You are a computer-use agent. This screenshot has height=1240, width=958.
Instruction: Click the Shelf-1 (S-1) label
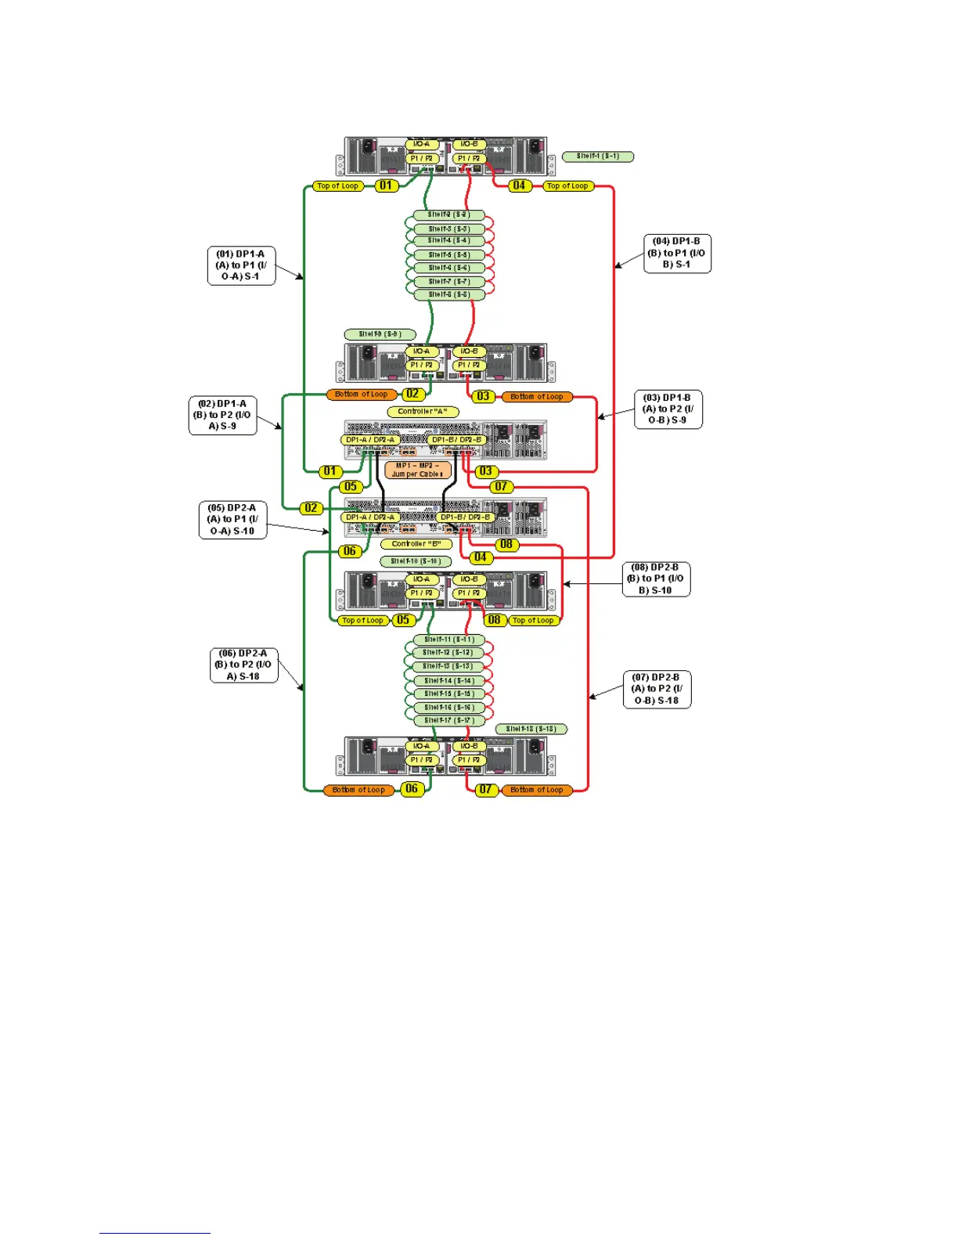[x=598, y=157]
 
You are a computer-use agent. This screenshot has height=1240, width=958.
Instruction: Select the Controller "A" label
[x=423, y=412]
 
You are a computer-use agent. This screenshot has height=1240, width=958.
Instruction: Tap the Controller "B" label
[x=416, y=544]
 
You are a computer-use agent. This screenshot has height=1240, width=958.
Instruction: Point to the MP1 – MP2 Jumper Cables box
[x=418, y=470]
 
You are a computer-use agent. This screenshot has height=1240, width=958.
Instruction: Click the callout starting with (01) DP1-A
[x=241, y=265]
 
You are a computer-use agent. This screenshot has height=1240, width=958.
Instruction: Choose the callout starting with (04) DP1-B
[x=677, y=253]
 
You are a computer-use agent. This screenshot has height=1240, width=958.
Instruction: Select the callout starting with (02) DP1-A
[x=222, y=415]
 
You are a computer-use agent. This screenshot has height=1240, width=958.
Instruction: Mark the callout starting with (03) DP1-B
[x=668, y=409]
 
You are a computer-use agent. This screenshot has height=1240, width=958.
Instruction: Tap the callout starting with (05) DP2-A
[x=232, y=519]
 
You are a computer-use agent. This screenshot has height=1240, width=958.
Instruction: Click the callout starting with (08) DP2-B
[x=656, y=579]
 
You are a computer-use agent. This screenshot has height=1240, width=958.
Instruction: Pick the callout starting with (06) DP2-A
[x=243, y=665]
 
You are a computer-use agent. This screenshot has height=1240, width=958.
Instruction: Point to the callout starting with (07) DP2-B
[x=657, y=689]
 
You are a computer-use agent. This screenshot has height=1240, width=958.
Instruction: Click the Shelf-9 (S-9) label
[x=380, y=334]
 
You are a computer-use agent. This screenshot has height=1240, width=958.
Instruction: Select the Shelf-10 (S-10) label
[x=416, y=561]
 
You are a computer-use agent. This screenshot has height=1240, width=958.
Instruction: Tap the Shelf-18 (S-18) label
[x=531, y=729]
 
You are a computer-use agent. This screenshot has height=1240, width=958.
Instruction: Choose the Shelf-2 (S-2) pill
[x=449, y=214]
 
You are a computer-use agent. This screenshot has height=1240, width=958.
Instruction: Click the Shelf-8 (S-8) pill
[x=449, y=295]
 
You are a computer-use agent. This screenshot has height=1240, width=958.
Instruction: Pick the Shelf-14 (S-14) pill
[x=449, y=681]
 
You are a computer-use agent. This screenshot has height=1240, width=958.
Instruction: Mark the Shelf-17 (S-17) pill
[x=449, y=720]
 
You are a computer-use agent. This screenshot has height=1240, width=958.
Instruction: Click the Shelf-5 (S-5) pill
[x=449, y=255]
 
